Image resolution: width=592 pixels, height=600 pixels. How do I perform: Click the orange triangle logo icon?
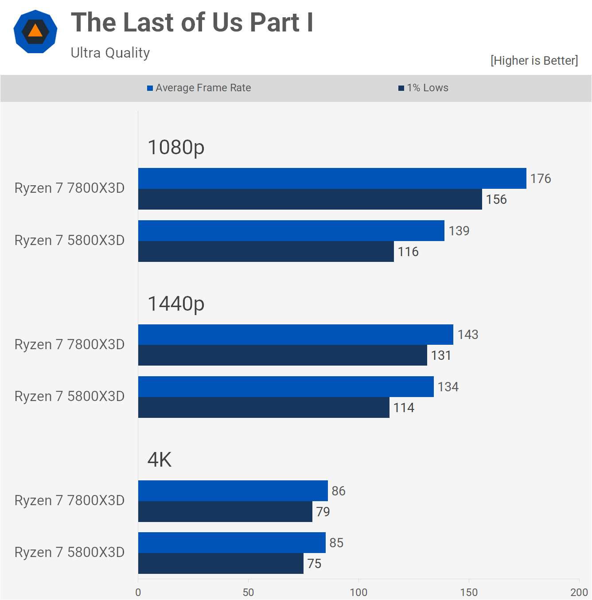point(35,31)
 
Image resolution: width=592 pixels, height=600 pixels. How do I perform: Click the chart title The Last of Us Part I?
point(192,23)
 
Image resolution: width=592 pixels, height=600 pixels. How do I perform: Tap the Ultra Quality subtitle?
point(110,53)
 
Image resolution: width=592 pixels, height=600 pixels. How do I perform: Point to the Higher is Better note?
point(534,61)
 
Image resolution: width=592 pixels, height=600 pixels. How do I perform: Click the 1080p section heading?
point(176,147)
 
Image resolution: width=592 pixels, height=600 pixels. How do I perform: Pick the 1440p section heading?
point(176,304)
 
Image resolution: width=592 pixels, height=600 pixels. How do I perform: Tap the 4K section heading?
point(160,460)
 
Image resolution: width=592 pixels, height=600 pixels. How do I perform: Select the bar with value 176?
point(332,179)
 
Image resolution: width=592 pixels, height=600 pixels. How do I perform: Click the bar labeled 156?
point(310,199)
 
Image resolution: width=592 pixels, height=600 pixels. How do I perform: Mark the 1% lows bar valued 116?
point(266,252)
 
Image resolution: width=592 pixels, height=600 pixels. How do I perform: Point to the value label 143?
point(468,335)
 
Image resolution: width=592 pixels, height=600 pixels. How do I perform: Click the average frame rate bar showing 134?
point(286,387)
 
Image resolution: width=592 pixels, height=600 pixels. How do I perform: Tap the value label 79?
point(323,512)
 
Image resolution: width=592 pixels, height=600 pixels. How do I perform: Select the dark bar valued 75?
point(221,564)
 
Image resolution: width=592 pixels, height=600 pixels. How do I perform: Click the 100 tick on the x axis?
point(358,592)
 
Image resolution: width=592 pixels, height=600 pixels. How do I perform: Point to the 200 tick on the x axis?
point(579,592)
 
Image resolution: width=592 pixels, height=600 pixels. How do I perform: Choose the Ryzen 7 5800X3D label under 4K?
point(70,553)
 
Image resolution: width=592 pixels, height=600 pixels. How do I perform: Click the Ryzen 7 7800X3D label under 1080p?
point(70,188)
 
